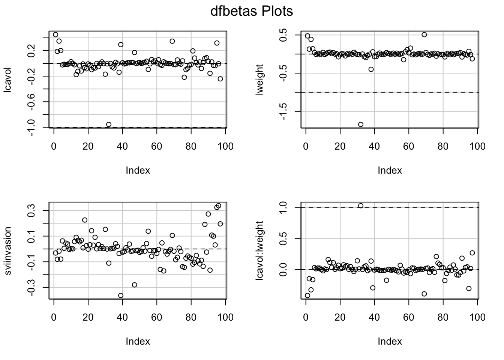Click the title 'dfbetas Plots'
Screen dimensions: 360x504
click(251, 12)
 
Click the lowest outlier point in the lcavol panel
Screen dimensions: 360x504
click(109, 124)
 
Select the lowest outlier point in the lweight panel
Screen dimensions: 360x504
click(361, 124)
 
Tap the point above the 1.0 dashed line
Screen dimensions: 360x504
click(361, 205)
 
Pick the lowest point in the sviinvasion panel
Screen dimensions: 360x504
click(121, 295)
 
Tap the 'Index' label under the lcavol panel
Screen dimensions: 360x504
click(138, 171)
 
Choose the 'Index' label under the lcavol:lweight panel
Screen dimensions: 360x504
click(390, 342)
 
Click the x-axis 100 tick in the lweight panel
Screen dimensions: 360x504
click(477, 146)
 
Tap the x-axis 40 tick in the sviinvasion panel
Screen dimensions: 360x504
click(122, 317)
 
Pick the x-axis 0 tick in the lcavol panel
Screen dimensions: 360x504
click(54, 146)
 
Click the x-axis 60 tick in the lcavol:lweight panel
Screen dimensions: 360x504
click(409, 317)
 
